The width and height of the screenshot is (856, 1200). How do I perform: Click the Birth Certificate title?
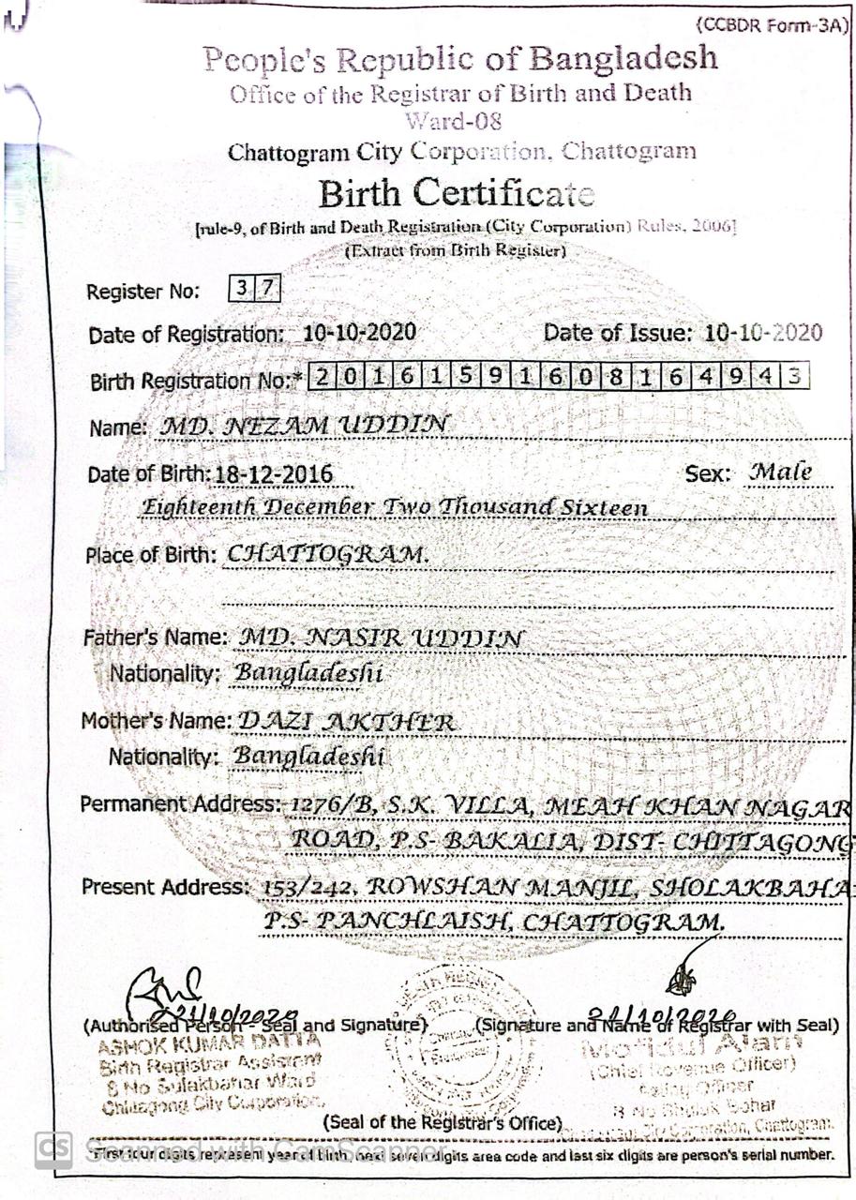(x=457, y=194)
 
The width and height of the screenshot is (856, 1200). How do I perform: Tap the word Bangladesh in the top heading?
(x=623, y=59)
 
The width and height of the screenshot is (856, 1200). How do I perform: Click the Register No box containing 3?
(x=241, y=289)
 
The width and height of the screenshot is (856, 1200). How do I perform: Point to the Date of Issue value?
(x=763, y=332)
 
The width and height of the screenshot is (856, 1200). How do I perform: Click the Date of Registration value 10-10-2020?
(x=360, y=333)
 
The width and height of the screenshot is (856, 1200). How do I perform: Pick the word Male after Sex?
(x=780, y=472)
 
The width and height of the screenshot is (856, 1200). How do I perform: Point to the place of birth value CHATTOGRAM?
(x=328, y=554)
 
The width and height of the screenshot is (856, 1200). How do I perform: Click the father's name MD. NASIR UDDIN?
(x=382, y=638)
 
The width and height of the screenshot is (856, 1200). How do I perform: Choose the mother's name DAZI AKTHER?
(x=346, y=722)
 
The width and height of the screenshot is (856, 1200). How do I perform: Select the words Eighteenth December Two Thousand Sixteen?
(x=394, y=507)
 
